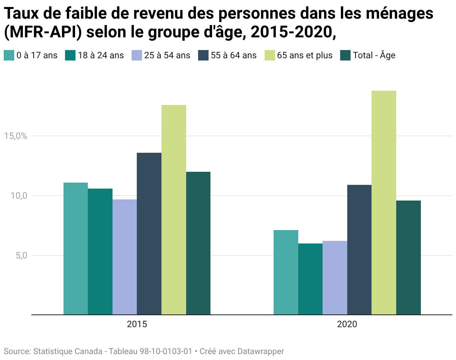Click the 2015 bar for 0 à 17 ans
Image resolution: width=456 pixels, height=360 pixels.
tap(76, 249)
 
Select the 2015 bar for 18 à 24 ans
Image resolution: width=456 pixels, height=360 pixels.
tap(100, 252)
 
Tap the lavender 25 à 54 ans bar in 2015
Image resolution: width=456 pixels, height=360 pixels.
tap(124, 257)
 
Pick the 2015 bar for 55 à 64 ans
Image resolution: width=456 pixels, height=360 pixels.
tap(149, 234)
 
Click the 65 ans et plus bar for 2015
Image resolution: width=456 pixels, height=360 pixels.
tap(174, 210)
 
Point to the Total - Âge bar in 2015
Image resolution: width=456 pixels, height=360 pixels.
tap(198, 243)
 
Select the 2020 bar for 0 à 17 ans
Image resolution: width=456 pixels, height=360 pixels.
tap(286, 272)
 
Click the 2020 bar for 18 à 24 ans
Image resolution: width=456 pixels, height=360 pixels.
tap(311, 279)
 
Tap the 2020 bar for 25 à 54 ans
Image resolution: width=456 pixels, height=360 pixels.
tap(335, 278)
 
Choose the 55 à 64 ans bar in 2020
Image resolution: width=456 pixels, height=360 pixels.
tap(359, 250)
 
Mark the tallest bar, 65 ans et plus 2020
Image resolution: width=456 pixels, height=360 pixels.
tap(384, 203)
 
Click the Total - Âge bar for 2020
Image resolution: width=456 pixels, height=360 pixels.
tap(409, 258)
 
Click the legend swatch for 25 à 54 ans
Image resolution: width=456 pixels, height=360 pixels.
tap(137, 55)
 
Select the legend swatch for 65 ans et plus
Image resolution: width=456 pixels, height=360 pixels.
tap(270, 55)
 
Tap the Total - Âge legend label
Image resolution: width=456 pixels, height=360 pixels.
tap(374, 55)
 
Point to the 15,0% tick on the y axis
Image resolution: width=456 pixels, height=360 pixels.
tap(16, 136)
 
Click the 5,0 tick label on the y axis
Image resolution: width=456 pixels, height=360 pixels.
tap(21, 255)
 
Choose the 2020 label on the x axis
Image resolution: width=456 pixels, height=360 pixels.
tap(347, 324)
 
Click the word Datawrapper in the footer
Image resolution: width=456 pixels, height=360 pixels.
tap(261, 351)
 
